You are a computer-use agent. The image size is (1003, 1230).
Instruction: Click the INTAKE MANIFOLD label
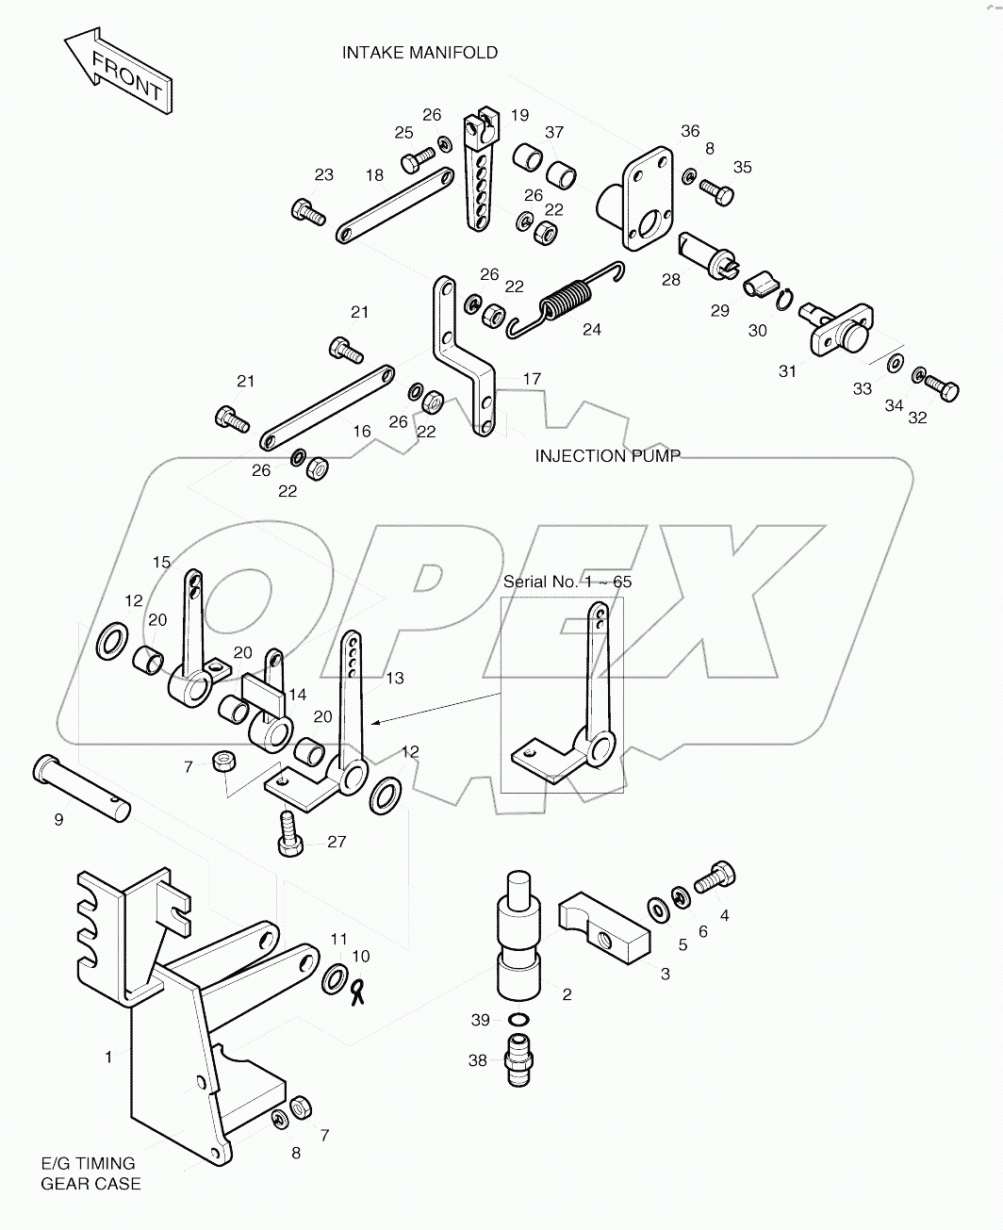[x=419, y=53]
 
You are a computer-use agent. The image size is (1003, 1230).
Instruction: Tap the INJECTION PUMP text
[x=607, y=456]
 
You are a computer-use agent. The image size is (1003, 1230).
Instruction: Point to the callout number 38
[x=478, y=1060]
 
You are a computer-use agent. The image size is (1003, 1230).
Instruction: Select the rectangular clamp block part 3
[x=603, y=930]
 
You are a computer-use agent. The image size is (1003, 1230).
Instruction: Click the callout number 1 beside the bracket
[x=108, y=1058]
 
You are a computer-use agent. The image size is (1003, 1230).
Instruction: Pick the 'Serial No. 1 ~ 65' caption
[x=567, y=582]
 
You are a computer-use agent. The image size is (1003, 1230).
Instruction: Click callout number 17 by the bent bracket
[x=532, y=379]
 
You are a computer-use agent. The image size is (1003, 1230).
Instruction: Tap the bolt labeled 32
[x=940, y=385]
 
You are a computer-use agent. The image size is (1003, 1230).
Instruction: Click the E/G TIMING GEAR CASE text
[x=90, y=1173]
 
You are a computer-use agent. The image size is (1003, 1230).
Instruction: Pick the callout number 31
[x=787, y=371]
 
